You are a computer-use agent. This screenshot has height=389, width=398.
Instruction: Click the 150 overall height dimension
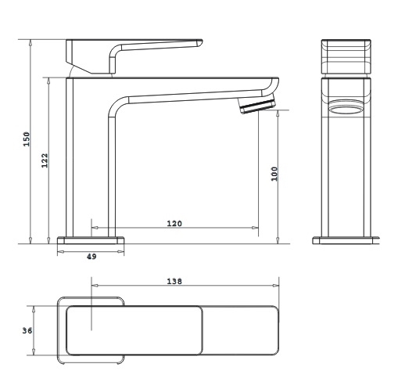(27, 139)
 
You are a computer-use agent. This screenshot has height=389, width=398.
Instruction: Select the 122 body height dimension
(45, 160)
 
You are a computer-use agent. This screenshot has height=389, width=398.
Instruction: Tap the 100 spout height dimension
(274, 174)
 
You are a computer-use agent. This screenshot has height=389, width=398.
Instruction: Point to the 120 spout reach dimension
(174, 224)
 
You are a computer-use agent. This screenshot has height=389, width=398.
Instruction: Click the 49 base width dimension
(91, 257)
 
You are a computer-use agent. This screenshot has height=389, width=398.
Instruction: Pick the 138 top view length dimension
(174, 281)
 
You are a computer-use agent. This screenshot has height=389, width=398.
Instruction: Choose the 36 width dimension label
(27, 330)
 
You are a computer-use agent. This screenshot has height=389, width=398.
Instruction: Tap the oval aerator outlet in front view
(346, 107)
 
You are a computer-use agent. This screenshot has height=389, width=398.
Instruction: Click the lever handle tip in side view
(199, 43)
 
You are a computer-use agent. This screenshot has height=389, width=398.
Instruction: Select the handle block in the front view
(346, 56)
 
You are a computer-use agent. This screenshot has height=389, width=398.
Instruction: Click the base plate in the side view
(91, 240)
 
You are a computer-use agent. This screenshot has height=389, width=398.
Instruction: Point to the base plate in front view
(346, 240)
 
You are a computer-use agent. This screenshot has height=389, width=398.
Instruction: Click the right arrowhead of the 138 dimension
(275, 286)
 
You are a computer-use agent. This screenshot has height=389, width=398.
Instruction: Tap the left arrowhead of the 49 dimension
(61, 251)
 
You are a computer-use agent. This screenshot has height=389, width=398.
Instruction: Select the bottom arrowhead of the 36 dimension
(34, 351)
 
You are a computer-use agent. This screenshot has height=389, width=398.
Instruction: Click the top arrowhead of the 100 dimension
(278, 113)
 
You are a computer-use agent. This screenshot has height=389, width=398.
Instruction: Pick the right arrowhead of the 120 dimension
(255, 228)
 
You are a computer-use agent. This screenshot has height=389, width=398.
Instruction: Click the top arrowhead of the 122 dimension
(48, 81)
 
